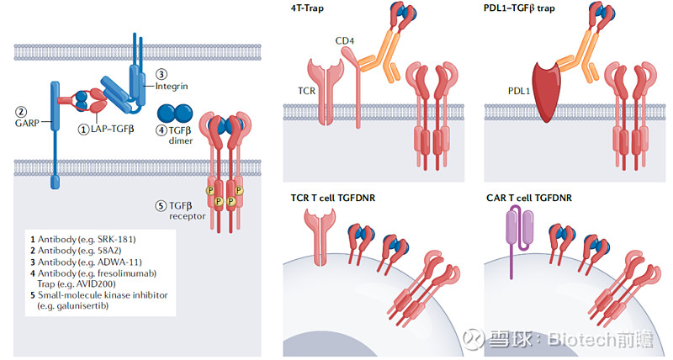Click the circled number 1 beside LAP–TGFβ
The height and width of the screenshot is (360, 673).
pos(83,129)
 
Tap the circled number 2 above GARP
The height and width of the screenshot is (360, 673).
pos(22,111)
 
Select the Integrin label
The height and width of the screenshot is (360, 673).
pos(172,86)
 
